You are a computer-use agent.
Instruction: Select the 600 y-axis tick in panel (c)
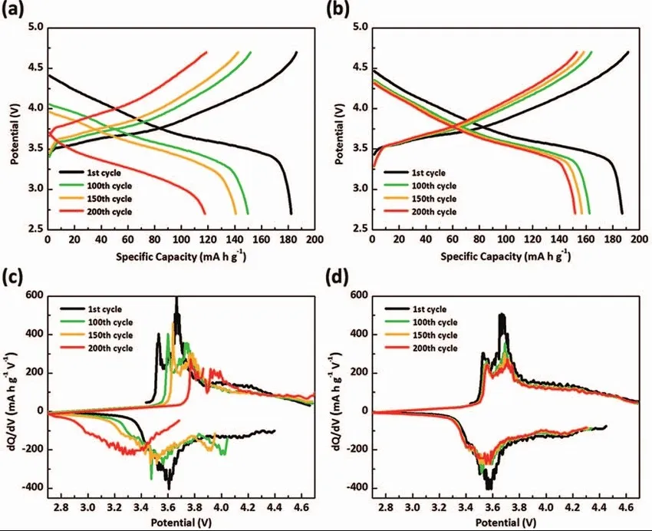tap(31, 295)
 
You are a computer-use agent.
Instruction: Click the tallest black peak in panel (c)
tap(176, 299)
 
